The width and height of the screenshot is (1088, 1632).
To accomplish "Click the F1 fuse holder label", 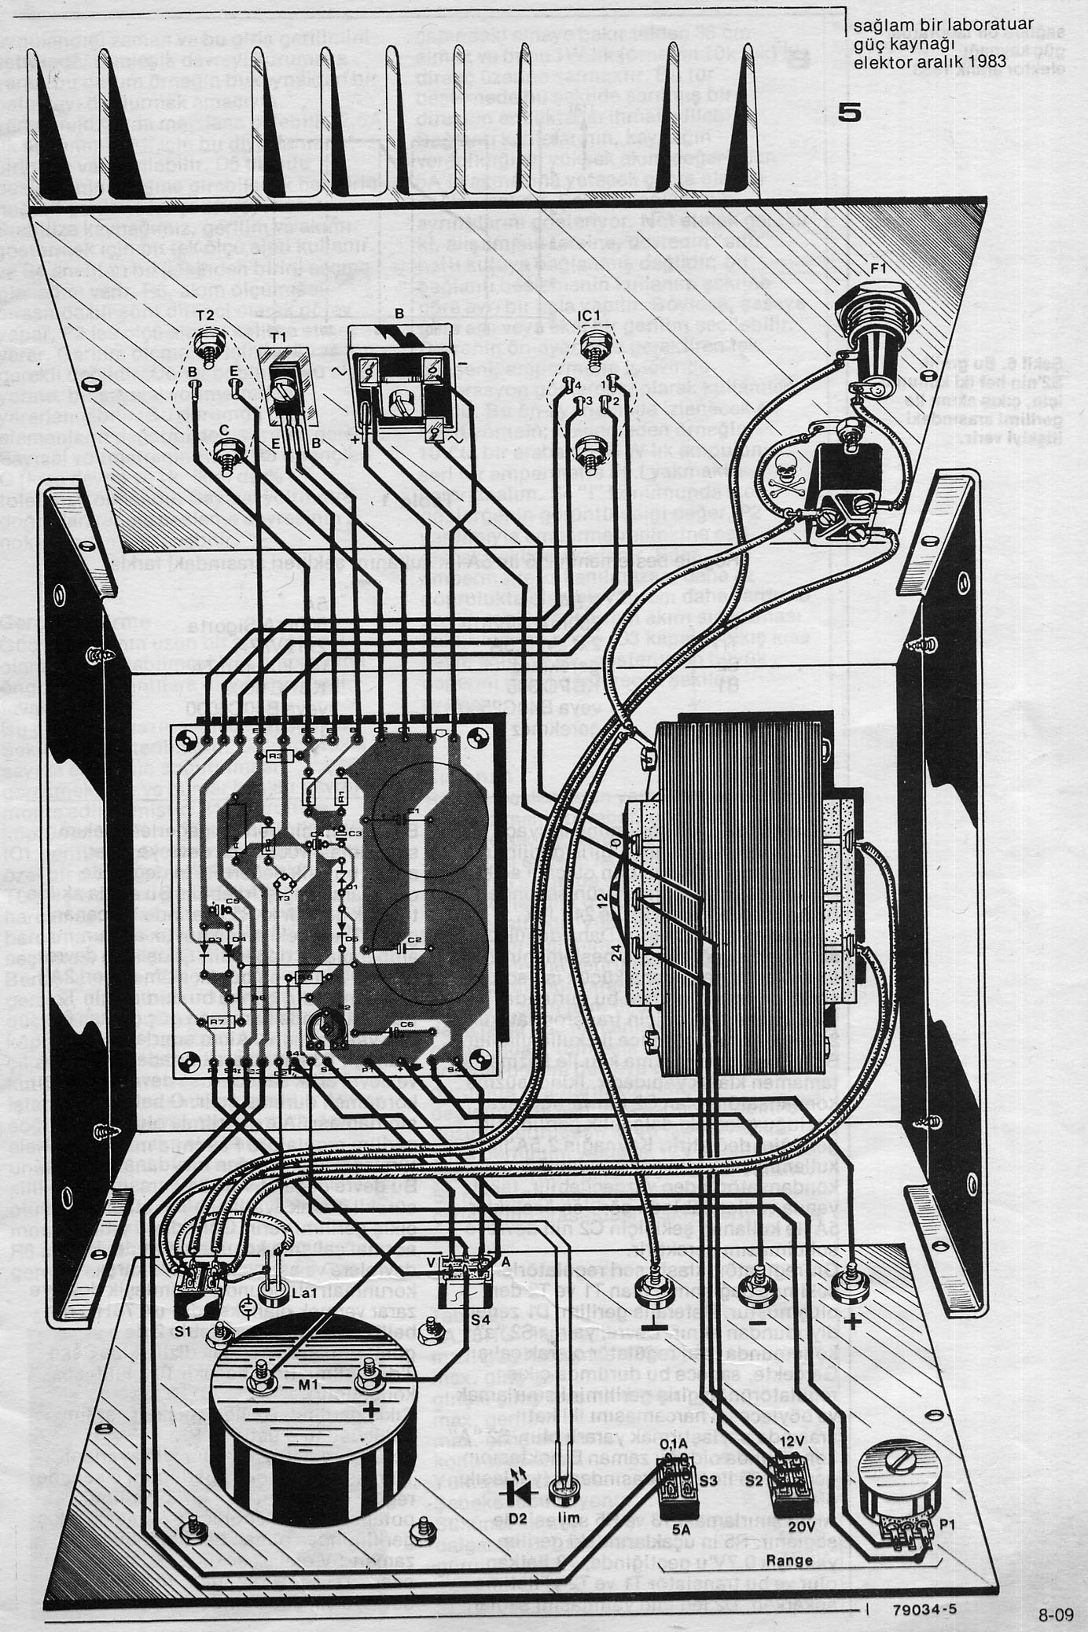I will [879, 269].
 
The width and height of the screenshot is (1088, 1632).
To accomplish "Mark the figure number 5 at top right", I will [848, 113].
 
